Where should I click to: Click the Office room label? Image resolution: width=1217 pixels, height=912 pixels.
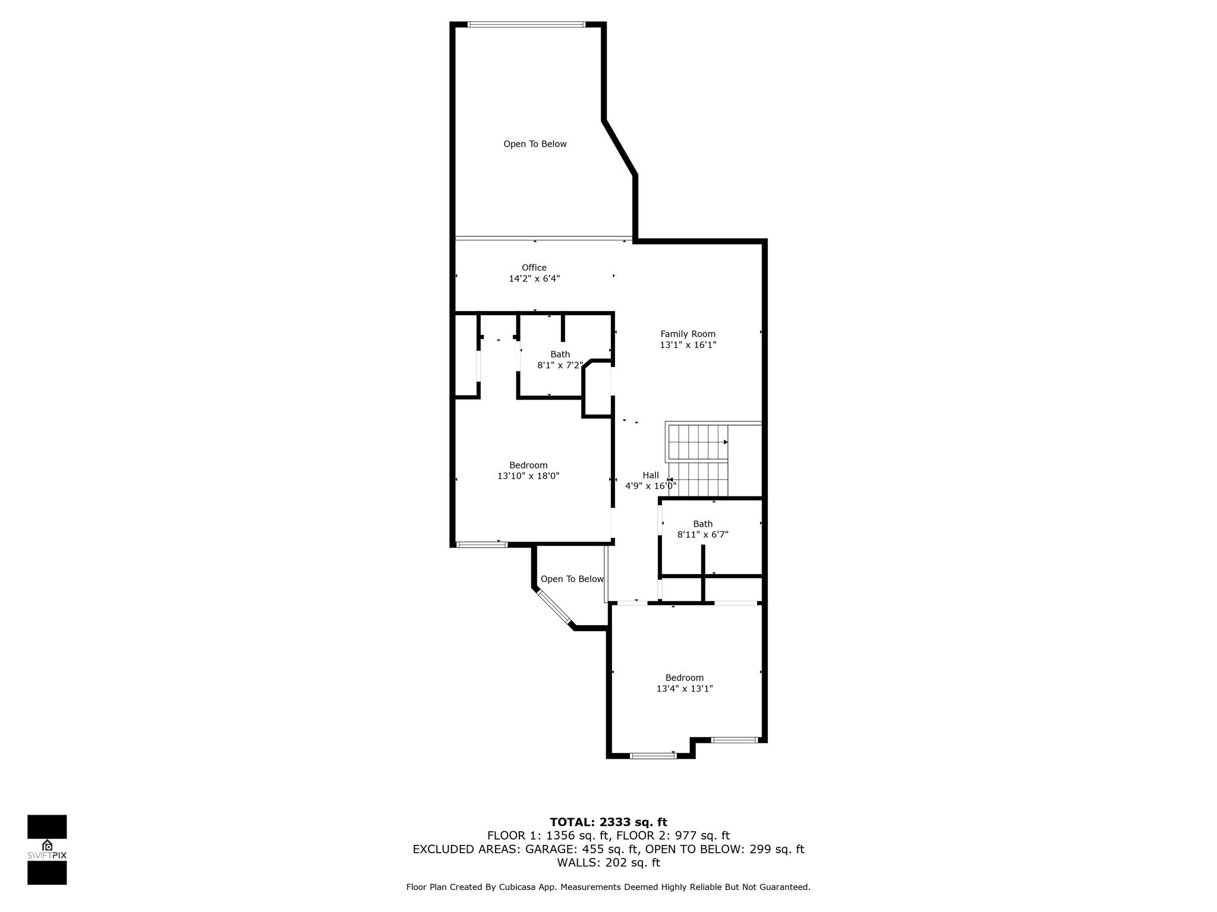click(x=534, y=268)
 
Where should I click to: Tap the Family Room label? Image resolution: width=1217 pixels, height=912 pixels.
click(x=688, y=334)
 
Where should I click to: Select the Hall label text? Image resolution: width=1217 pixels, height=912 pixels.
click(x=651, y=475)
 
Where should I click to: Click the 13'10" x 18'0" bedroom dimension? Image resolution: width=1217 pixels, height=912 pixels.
click(x=528, y=476)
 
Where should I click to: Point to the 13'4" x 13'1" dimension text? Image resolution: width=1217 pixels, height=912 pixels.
click(x=685, y=689)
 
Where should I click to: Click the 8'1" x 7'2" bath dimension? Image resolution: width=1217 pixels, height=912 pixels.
click(x=560, y=365)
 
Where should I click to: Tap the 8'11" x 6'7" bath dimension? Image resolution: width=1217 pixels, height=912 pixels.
click(x=703, y=534)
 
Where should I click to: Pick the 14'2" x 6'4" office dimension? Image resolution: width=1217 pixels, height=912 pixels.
click(x=534, y=278)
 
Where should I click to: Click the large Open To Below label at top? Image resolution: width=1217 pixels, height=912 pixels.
click(x=535, y=144)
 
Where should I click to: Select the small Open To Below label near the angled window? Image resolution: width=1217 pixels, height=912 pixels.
click(x=572, y=579)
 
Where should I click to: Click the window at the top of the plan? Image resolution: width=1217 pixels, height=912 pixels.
click(x=526, y=24)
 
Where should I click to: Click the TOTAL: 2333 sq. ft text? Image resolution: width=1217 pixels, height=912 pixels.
click(x=608, y=822)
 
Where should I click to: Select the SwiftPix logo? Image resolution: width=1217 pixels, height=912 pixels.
click(x=47, y=850)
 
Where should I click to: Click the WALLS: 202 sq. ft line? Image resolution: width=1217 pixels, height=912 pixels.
click(x=608, y=863)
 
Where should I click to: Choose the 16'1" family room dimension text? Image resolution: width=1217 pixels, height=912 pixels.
click(x=705, y=345)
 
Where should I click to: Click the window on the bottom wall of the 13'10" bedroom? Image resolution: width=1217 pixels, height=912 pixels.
click(x=482, y=544)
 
